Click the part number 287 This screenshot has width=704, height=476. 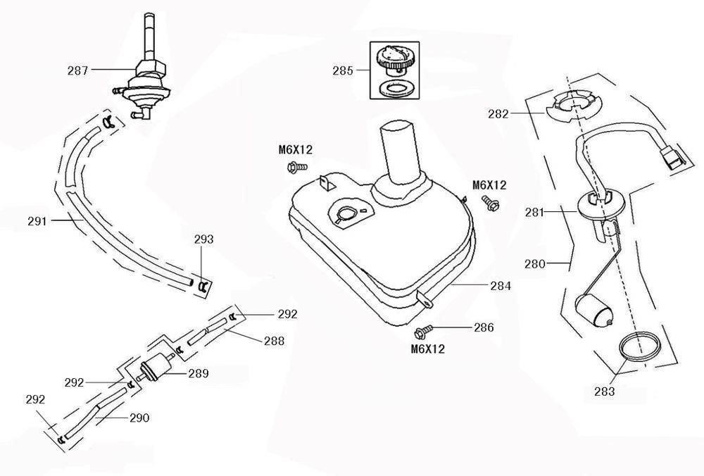pos(78,70)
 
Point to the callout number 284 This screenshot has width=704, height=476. pos(501,287)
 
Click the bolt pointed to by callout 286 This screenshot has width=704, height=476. pos(422,330)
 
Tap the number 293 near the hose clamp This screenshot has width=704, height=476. pos(205,239)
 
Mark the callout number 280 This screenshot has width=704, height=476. pos(536,264)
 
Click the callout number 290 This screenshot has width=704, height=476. pos(139,418)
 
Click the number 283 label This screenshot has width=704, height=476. pos(604,391)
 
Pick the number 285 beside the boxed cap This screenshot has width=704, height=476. pos(344,70)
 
